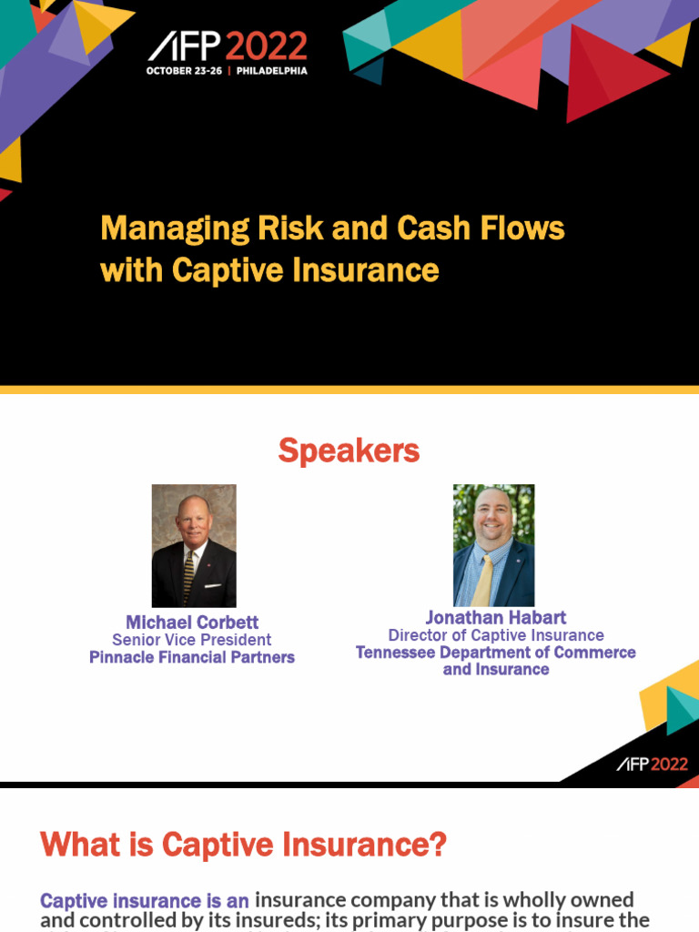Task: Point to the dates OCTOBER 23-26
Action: click(185, 71)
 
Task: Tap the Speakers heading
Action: click(349, 451)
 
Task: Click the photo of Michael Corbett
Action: click(194, 545)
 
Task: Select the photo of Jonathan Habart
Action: click(494, 545)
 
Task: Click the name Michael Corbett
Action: click(192, 623)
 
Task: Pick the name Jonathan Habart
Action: click(496, 617)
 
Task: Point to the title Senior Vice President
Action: click(192, 640)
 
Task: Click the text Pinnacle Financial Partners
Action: click(192, 657)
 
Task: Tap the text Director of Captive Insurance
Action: click(496, 635)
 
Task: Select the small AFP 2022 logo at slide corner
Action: click(652, 765)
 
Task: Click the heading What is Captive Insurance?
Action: click(243, 845)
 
